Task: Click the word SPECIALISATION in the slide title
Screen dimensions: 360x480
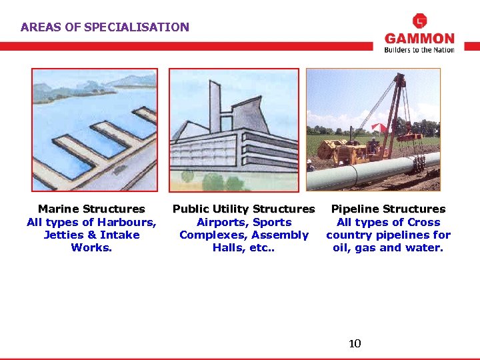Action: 146,27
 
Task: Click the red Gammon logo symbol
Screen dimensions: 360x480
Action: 419,21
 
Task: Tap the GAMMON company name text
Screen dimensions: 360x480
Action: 419,39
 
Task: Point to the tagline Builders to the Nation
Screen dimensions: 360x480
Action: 419,50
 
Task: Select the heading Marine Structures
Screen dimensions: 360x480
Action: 91,209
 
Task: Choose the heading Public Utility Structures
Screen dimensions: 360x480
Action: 243,209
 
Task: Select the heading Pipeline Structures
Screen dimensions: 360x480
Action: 388,209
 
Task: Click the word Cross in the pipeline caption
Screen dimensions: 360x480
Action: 423,222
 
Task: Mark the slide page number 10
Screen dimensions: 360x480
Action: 355,344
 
